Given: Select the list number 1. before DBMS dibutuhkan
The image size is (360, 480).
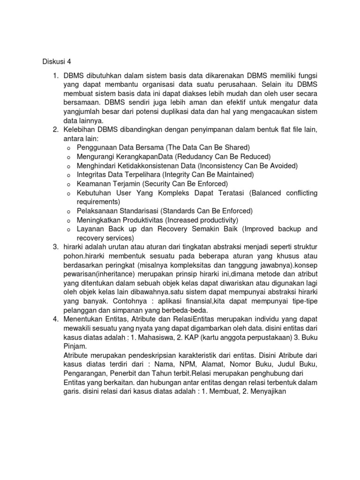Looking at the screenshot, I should pyautogui.click(x=54, y=76).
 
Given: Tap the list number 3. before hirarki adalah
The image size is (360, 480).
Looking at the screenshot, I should pyautogui.click(x=54, y=246).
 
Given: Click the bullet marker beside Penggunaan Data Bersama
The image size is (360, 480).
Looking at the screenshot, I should pyautogui.click(x=68, y=148).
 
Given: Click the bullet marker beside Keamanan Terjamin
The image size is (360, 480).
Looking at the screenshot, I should pyautogui.click(x=68, y=184).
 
